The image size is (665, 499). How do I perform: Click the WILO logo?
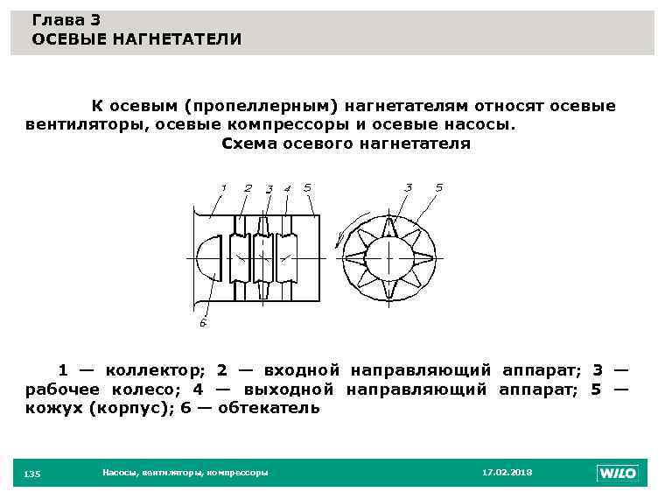618,473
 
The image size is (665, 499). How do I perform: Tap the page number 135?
32,474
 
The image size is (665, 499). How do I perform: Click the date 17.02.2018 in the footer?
507,473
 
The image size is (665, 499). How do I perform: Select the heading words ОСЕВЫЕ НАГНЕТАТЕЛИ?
136,39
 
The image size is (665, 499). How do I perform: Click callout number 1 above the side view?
224,187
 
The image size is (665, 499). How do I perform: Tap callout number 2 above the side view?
248,187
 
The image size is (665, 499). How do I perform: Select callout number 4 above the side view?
287,188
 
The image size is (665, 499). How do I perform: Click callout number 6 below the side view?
202,323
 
